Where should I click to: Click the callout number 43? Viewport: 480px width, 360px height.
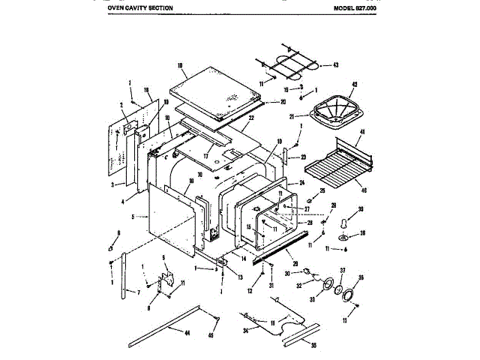[x=335, y=65]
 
